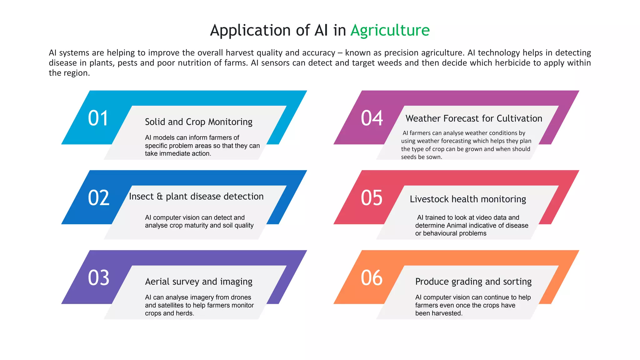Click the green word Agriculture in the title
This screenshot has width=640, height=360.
click(390, 30)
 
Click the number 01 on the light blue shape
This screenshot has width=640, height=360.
click(98, 118)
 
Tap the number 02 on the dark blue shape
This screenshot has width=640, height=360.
click(99, 198)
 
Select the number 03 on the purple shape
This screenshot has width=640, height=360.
click(99, 278)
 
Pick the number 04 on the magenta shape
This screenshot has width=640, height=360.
click(372, 118)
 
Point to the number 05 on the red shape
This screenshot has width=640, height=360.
click(372, 198)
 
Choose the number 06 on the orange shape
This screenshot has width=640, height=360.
click(372, 278)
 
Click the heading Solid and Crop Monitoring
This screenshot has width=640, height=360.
click(198, 122)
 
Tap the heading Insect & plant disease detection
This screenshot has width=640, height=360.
click(196, 197)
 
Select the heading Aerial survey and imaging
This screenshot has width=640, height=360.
click(198, 282)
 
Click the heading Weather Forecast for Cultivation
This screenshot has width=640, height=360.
click(474, 118)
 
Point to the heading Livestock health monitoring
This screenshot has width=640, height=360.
click(468, 199)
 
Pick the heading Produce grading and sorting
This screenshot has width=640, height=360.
click(473, 282)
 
